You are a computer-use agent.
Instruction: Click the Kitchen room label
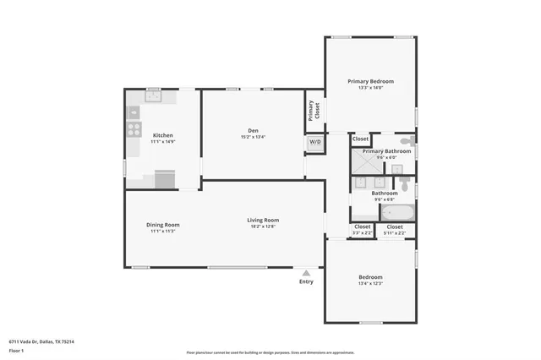pos(162,135)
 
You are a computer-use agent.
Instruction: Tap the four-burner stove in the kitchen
pos(134,130)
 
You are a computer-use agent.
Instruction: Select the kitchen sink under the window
pos(154,96)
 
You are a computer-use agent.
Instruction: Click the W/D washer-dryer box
pos(314,142)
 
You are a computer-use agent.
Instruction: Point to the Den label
pos(254,130)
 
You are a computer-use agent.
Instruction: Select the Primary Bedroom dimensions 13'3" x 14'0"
pos(370,87)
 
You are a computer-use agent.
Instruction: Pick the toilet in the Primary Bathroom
pos(407,141)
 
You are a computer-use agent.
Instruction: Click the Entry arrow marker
pos(306,273)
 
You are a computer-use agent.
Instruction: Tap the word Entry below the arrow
pos(306,281)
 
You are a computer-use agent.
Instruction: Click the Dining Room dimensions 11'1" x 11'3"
pos(162,230)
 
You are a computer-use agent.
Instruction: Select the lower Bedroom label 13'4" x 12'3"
pos(370,283)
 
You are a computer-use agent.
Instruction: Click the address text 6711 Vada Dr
pos(41,341)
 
